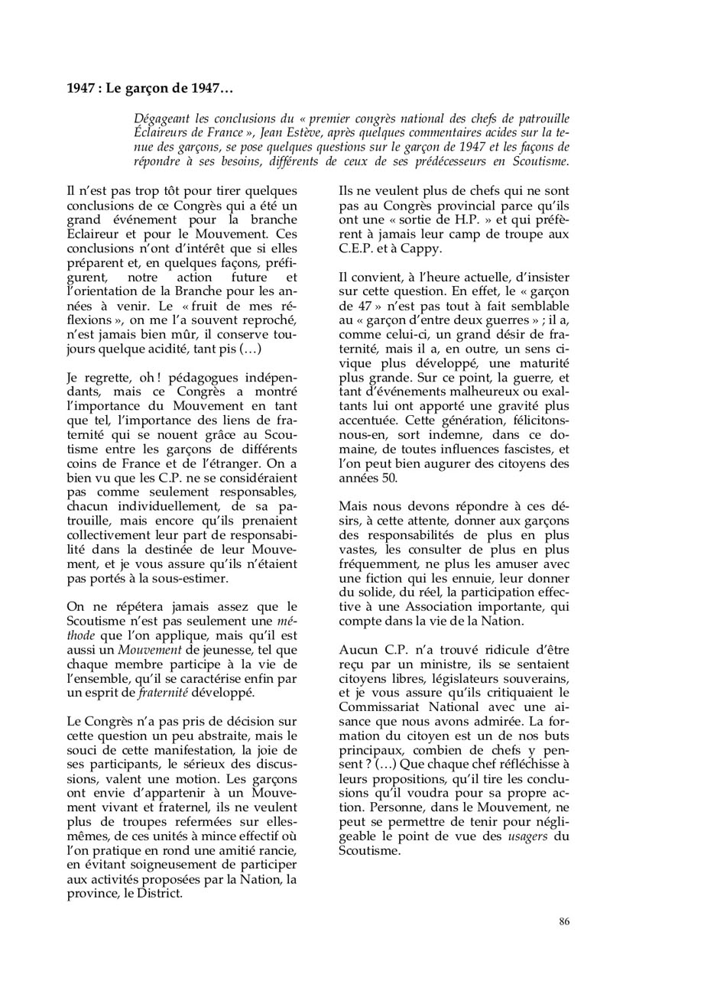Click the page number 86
(x=564, y=921)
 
